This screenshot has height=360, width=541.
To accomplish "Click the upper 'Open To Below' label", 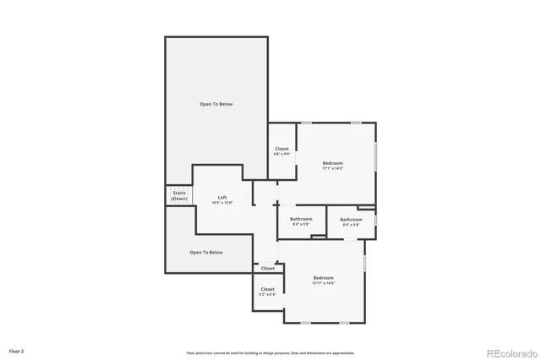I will click(x=216, y=104).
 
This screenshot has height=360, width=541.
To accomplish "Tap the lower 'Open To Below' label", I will click(x=206, y=252).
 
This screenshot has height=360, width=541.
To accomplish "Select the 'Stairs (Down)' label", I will click(x=178, y=196).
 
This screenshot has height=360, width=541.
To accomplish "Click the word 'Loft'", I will click(x=222, y=198).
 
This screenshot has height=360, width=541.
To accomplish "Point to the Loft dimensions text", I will click(x=222, y=203).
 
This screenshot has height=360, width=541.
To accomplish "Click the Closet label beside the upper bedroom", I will click(x=281, y=149).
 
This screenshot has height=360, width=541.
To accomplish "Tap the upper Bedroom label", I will click(x=332, y=162).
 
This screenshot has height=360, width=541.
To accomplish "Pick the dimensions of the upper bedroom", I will click(x=332, y=168).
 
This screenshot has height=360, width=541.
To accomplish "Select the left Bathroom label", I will click(x=302, y=219).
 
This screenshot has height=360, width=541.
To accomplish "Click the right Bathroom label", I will click(x=352, y=219).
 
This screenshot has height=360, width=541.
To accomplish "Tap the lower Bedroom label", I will click(x=324, y=277).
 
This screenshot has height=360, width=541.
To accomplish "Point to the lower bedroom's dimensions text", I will click(x=324, y=283).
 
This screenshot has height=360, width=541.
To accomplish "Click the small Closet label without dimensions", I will click(x=267, y=269).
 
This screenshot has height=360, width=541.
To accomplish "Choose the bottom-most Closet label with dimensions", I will click(x=267, y=289).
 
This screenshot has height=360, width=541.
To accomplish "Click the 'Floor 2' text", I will click(x=17, y=350).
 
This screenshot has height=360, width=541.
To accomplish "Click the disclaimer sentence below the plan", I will click(x=270, y=352).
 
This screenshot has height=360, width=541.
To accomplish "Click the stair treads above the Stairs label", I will click(x=178, y=188).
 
